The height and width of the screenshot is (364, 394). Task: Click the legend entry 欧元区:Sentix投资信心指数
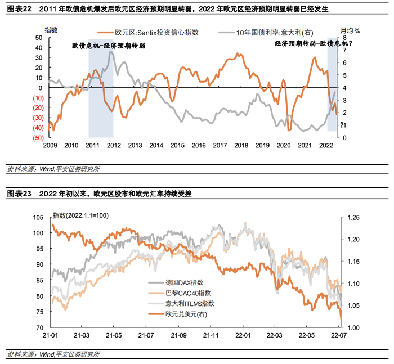pos(148,33)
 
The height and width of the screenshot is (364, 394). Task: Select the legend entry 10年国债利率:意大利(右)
pos(266,33)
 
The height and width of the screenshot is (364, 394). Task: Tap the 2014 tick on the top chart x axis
pos(156,146)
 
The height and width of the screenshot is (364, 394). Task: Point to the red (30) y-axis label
pos(38,118)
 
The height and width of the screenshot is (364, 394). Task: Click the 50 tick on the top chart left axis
pos(39,38)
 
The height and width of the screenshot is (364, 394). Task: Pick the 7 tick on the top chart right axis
pos(344,50)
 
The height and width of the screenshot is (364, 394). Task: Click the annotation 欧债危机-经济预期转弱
pos(109,46)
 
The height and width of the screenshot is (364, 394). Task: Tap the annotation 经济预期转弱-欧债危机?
pos(314,43)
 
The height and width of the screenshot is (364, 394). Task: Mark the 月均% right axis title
pos(350,30)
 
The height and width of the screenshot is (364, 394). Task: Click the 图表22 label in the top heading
pos(19,9)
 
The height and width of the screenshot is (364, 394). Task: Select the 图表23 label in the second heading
pos(19,194)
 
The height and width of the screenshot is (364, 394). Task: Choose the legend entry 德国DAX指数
pos(176,282)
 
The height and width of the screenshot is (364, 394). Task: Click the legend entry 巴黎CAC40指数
pos(180,293)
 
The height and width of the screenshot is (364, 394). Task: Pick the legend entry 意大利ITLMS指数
pos(181,304)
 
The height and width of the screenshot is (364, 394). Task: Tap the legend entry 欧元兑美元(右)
pos(178,314)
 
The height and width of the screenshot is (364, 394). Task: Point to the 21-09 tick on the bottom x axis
pos(178,335)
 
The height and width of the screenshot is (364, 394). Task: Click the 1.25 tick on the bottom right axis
pos(353,218)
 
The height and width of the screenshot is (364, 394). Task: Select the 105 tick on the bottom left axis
pos(38,218)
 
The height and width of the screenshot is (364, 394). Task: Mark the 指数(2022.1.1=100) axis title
pos(80,215)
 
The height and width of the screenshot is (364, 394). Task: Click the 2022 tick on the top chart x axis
pos(326,146)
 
